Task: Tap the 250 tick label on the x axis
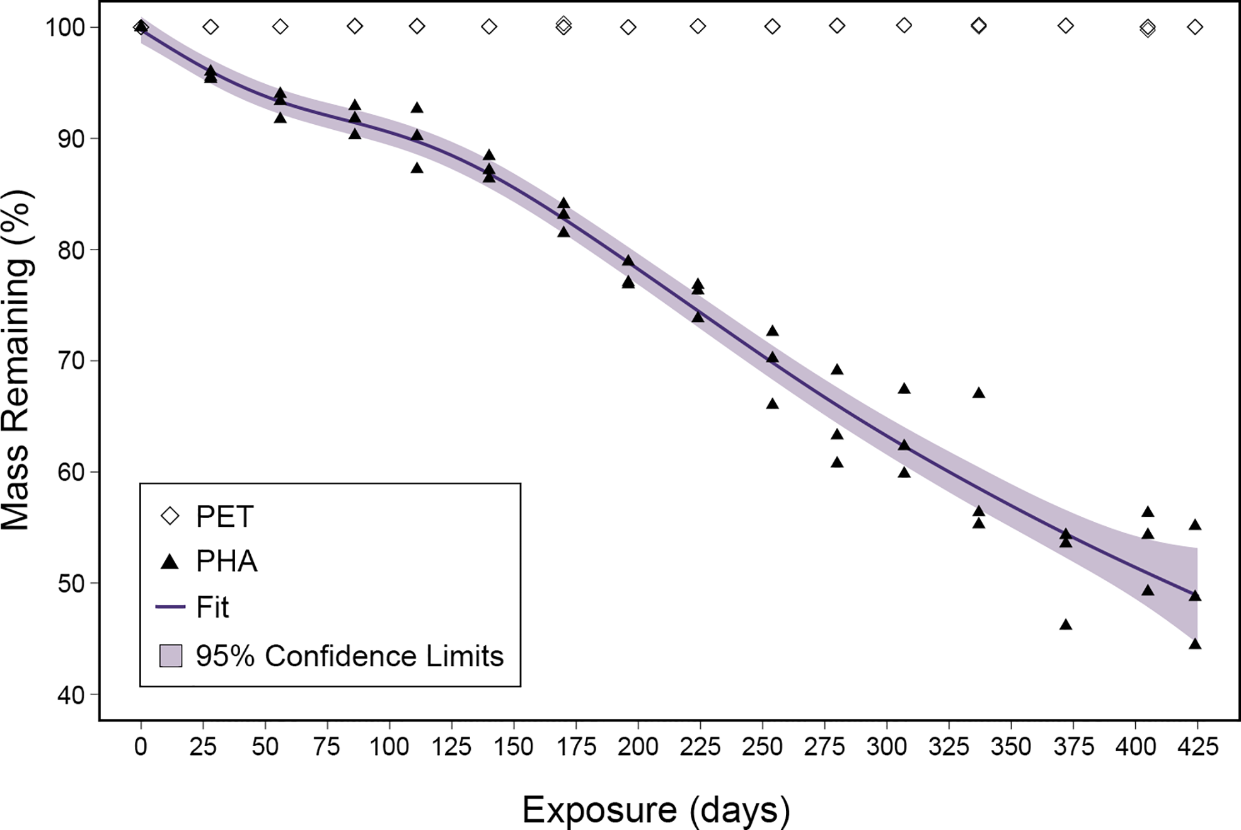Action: point(762,747)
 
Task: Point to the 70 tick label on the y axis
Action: point(71,361)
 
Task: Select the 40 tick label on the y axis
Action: point(71,695)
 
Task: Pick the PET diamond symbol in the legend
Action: point(170,517)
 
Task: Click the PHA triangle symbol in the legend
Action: point(170,562)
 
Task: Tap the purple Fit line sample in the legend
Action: point(170,607)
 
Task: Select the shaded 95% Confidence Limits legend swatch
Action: point(170,656)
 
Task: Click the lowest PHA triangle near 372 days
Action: point(1066,625)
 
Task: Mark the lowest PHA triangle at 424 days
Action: point(1195,643)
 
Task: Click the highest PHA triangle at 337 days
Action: point(978,393)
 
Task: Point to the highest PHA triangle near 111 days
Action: point(417,108)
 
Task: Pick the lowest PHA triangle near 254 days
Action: point(772,403)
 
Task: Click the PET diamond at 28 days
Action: point(211,27)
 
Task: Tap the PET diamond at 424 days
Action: point(1195,27)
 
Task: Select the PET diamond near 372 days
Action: point(1066,26)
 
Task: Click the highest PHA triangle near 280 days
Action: point(837,369)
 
